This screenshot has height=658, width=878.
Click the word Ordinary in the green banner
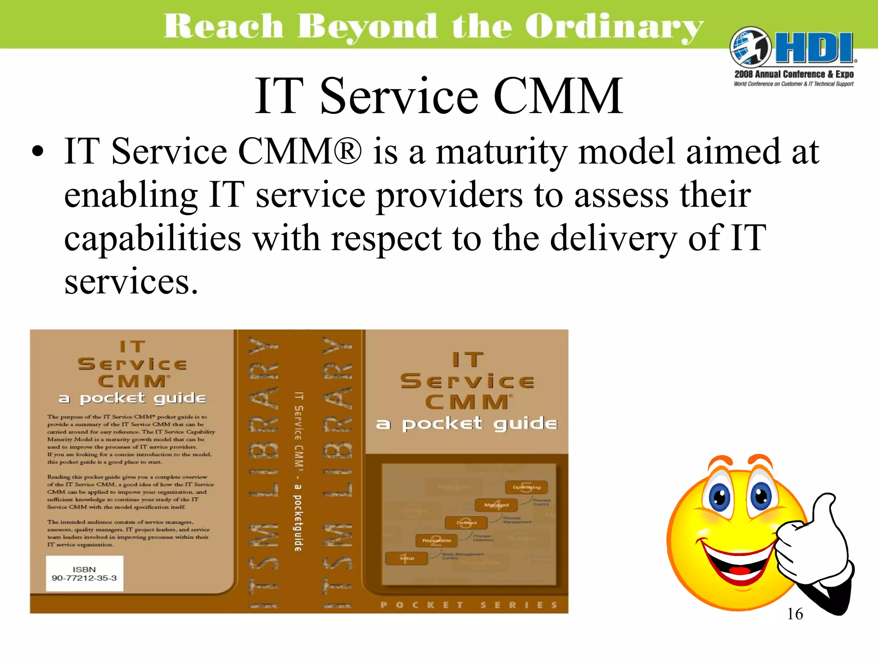tap(614, 27)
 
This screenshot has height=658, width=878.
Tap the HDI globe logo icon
tap(750, 47)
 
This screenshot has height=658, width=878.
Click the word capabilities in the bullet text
tap(152, 238)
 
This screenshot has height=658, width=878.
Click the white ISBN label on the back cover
tap(84, 574)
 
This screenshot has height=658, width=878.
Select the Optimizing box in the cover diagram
tap(526, 487)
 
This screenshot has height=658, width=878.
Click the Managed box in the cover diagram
tap(496, 505)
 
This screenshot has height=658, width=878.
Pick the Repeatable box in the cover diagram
tap(436, 541)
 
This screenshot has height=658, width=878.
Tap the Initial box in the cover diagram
tap(406, 558)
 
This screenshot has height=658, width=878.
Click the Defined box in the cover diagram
tap(466, 523)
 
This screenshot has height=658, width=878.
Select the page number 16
tap(795, 614)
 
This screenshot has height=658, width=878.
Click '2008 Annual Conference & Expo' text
tap(794, 74)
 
